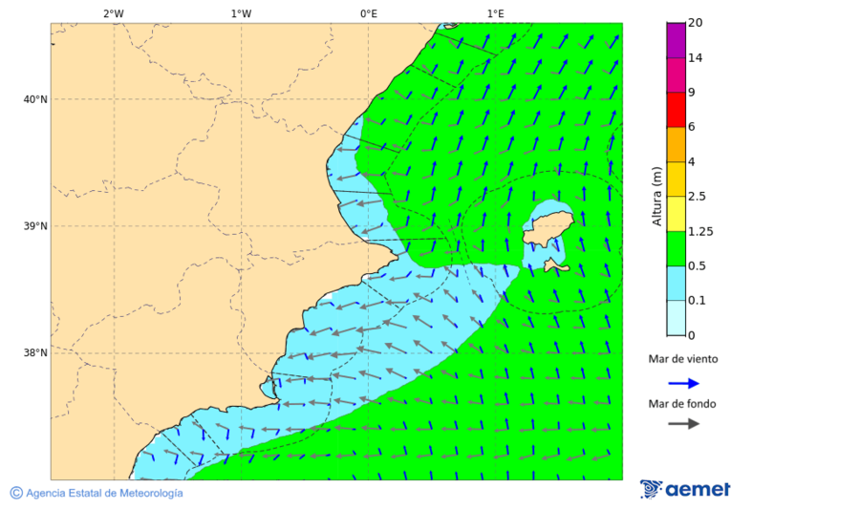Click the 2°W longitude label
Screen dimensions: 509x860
(x=113, y=13)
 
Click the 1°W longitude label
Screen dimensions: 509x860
(x=241, y=13)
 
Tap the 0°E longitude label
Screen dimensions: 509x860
(x=368, y=13)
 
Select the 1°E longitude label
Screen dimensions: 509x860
(x=495, y=13)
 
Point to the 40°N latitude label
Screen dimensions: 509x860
(x=34, y=99)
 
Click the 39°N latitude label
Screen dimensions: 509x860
(x=34, y=226)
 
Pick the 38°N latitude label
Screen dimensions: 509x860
(x=34, y=353)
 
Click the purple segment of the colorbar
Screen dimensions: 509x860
(x=677, y=40)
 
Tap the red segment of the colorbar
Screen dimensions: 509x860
(x=677, y=110)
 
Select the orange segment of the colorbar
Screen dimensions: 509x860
(x=677, y=144)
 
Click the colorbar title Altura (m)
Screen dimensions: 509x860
(x=656, y=197)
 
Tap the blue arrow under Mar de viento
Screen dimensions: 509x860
(x=683, y=383)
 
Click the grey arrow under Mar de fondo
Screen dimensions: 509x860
(x=683, y=424)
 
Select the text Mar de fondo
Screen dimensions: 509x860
(x=682, y=404)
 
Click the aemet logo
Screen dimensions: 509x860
(x=685, y=489)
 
